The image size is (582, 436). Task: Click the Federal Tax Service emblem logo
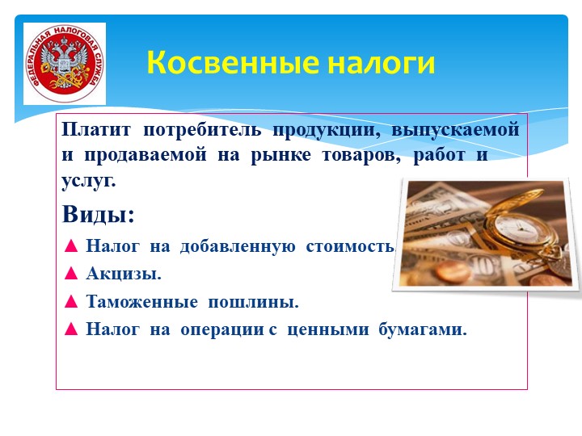point(65,64)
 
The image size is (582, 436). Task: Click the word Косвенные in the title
point(233,62)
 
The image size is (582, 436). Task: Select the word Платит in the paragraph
point(96,129)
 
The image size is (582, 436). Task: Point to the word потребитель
point(202,130)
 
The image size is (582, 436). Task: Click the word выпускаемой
point(455,130)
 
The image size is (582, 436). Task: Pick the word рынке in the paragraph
point(281,155)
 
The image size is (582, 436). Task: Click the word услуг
point(89,182)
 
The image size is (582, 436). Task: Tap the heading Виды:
point(98,214)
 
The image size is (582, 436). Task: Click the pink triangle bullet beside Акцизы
point(71,274)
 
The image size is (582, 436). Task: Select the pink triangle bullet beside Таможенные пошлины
point(71,301)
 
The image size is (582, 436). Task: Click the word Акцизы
point(124,274)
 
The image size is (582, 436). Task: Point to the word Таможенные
point(141,301)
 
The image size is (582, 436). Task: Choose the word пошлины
point(253,302)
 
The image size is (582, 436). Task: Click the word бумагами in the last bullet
point(423,329)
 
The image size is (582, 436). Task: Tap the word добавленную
point(238,246)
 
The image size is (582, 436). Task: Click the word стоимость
point(351,246)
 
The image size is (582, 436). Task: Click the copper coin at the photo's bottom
point(453,273)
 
